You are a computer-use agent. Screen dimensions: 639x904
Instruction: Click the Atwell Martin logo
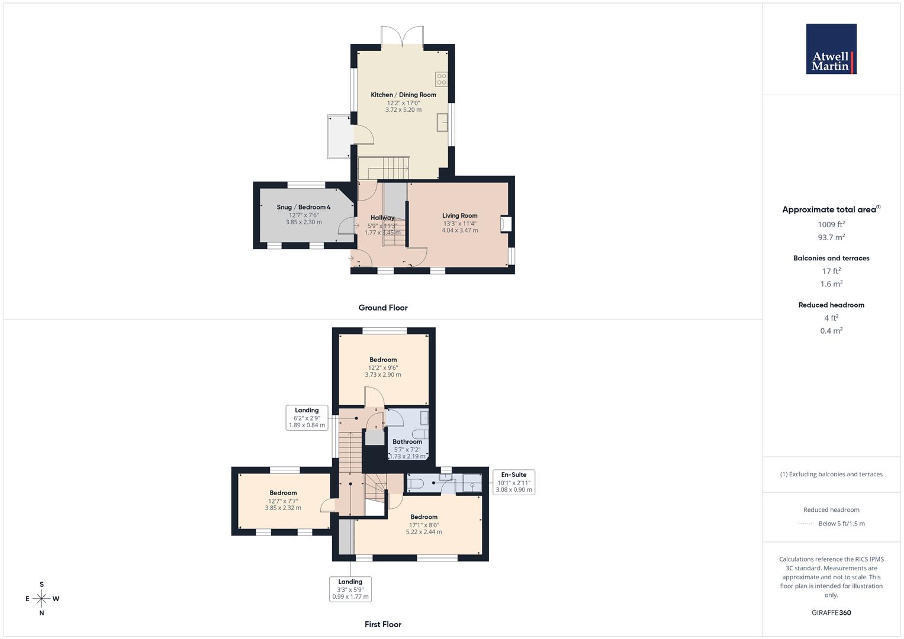[x=831, y=49]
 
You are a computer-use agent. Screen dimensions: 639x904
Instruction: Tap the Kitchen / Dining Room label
[x=403, y=95]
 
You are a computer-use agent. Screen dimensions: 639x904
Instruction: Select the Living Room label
[x=459, y=216]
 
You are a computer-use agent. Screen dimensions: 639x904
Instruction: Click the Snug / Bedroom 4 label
[x=304, y=207]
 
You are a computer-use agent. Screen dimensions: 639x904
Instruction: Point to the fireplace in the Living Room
[x=506, y=224]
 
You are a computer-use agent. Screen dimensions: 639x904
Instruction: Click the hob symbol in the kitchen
[x=441, y=79]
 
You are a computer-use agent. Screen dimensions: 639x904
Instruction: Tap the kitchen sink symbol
[x=442, y=122]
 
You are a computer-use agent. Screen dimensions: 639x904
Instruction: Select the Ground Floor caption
[x=383, y=308]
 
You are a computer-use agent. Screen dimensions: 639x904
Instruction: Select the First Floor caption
[x=383, y=624]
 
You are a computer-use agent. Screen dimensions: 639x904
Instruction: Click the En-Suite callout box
[x=514, y=482]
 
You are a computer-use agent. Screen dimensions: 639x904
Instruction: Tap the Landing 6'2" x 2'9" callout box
[x=307, y=417]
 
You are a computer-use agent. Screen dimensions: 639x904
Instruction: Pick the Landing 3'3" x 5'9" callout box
[x=350, y=589]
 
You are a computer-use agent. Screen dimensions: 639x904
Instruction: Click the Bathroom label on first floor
[x=407, y=441]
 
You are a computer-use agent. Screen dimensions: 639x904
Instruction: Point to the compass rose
[x=41, y=599]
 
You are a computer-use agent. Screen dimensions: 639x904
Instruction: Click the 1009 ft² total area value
[x=831, y=224]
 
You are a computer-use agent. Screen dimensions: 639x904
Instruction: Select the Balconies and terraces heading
[x=831, y=258]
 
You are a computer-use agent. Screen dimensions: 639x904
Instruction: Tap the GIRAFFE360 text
[x=831, y=612]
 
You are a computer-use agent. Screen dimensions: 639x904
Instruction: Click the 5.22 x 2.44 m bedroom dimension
[x=424, y=532]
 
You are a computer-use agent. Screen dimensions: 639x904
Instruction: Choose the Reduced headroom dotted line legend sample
[x=805, y=524]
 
